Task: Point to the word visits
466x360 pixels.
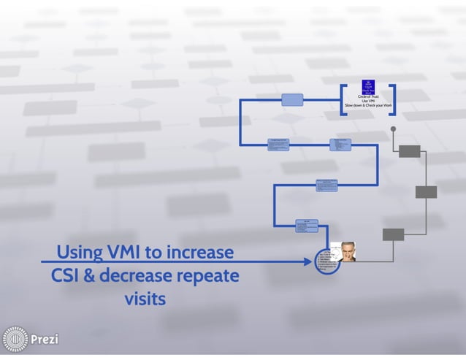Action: [x=145, y=299]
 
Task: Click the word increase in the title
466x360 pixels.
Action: [x=199, y=253]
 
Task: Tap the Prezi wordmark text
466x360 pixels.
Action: [x=45, y=340]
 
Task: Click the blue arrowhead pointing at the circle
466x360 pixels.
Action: [x=308, y=261]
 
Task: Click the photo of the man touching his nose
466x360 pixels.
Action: [x=342, y=251]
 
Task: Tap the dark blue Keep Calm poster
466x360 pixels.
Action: [x=368, y=87]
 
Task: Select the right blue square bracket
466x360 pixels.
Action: [x=393, y=100]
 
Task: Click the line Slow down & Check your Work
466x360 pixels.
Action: [x=368, y=107]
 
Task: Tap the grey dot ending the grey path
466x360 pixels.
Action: [x=393, y=129]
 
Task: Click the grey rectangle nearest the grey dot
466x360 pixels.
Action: [x=410, y=151]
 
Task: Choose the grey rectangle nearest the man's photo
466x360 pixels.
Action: [x=393, y=234]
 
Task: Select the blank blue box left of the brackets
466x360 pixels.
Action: [x=291, y=99]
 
